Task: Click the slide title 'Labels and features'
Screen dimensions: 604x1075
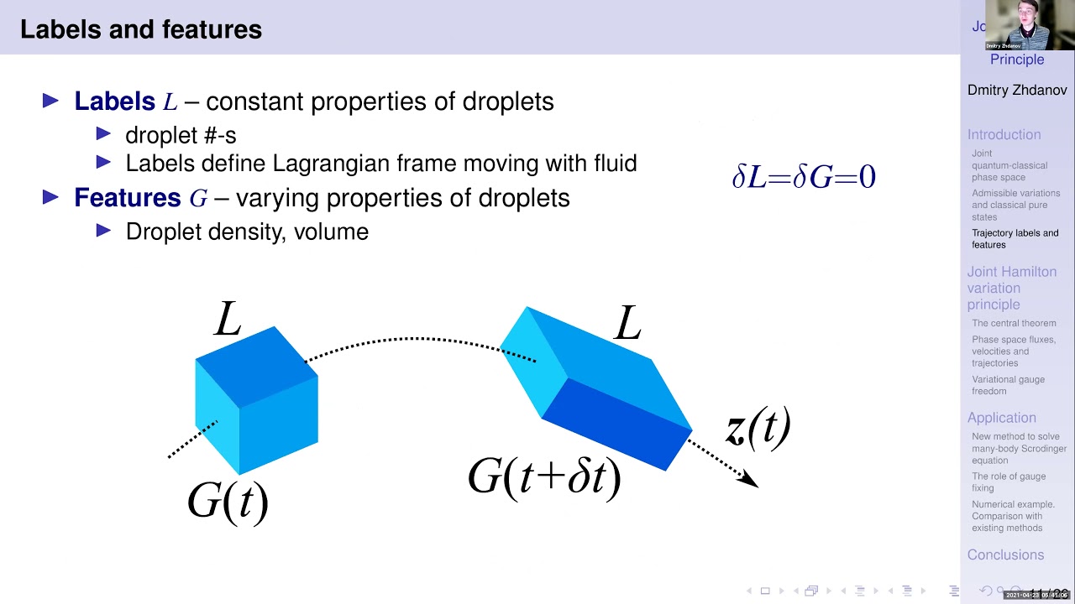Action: pos(141,30)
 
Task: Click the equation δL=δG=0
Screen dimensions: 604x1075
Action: pos(804,176)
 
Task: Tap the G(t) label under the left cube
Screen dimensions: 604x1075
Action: pos(228,501)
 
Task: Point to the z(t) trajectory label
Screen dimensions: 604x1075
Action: pos(758,428)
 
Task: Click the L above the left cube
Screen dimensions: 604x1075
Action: pos(228,320)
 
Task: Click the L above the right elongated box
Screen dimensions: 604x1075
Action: pos(627,323)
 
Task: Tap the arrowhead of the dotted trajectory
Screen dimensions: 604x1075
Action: pos(750,481)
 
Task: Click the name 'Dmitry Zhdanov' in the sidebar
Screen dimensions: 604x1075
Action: pos(1016,90)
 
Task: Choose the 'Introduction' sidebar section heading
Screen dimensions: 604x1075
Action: pos(1004,134)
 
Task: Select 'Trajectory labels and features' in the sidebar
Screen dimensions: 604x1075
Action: pos(1015,239)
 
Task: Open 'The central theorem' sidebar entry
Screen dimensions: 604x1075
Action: pos(1014,323)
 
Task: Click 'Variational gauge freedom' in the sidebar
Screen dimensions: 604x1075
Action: pos(1008,385)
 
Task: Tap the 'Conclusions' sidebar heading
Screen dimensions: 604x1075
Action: pos(1005,555)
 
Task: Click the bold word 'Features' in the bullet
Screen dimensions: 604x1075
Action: pos(128,198)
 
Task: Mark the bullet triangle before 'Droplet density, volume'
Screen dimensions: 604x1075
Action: pos(104,230)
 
